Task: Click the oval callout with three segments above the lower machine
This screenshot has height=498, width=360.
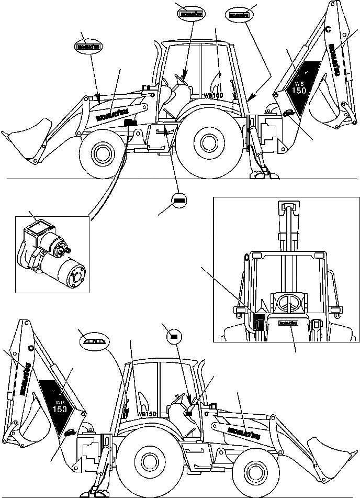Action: click(x=95, y=342)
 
